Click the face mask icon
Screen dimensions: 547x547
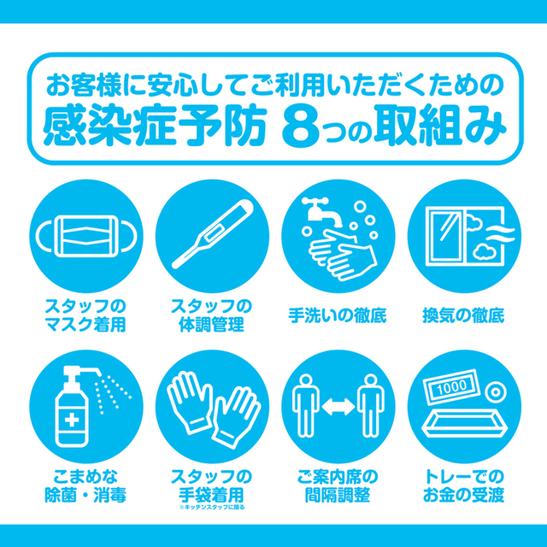pyautogui.click(x=85, y=236)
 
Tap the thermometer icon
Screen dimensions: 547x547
pyautogui.click(x=213, y=234)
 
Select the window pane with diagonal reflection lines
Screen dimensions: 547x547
pyautogui.click(x=448, y=236)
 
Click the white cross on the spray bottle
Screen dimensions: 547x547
pyautogui.click(x=72, y=421)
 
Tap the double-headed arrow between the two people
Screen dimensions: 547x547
pyautogui.click(x=338, y=407)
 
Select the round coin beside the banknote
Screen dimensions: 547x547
pyautogui.click(x=496, y=392)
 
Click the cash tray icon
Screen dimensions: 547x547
pyautogui.click(x=464, y=423)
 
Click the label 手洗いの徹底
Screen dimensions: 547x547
pyautogui.click(x=338, y=315)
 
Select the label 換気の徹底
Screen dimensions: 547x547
pyautogui.click(x=463, y=315)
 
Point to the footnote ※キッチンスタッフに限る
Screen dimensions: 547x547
pyautogui.click(x=212, y=507)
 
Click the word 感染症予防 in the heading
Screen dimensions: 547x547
pyautogui.click(x=155, y=126)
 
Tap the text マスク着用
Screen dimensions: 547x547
pyautogui.click(x=85, y=325)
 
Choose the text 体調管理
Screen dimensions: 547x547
pyautogui.click(x=211, y=325)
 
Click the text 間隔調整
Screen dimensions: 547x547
pyautogui.click(x=338, y=495)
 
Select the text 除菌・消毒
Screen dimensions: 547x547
pyautogui.click(x=85, y=495)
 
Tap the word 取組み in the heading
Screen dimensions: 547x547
pyautogui.click(x=440, y=126)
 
